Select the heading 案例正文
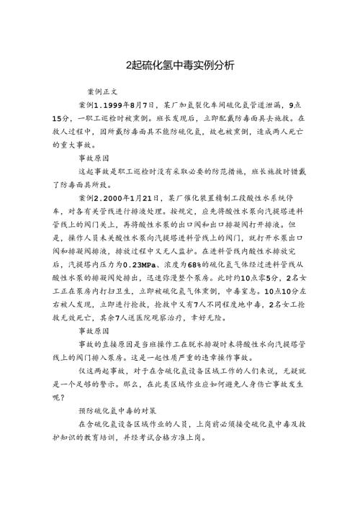[102, 93]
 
